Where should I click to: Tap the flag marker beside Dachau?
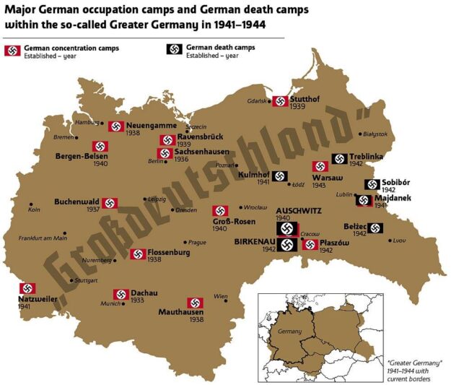click(x=121, y=295)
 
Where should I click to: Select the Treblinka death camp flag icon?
click(x=339, y=159)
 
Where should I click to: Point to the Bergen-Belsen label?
click(x=82, y=155)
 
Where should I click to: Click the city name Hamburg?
click(x=87, y=123)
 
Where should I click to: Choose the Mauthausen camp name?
click(x=181, y=313)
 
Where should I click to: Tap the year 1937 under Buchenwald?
click(x=93, y=209)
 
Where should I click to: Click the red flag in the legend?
click(x=12, y=51)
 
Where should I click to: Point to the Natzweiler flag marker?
click(x=28, y=289)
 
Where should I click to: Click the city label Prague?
click(x=196, y=243)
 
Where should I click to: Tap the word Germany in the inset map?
click(x=289, y=331)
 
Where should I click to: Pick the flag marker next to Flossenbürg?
click(x=138, y=254)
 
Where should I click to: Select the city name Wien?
click(x=221, y=296)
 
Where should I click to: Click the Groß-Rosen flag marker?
click(x=221, y=211)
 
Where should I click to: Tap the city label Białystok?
click(x=375, y=134)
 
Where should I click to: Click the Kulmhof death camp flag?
click(x=281, y=176)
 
